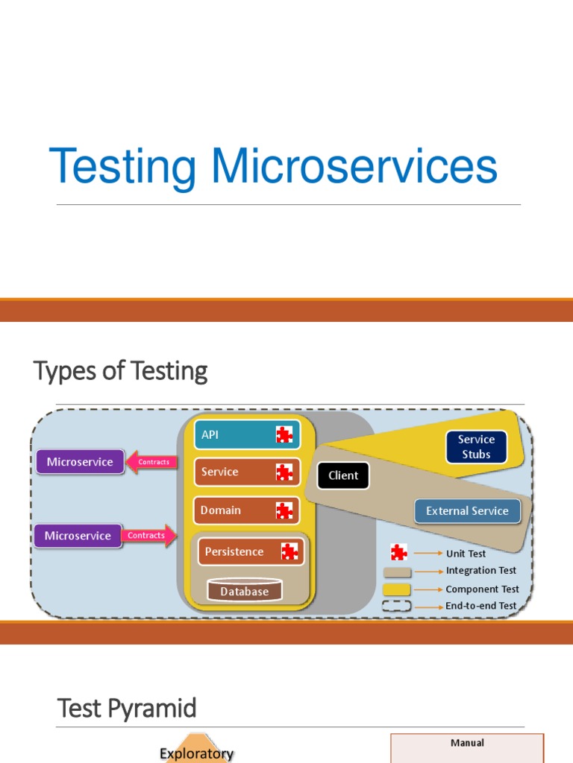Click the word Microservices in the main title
[x=354, y=166]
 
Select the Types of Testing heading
[x=120, y=370]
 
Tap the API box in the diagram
[x=247, y=434]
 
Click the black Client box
[x=343, y=475]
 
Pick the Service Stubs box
[x=476, y=446]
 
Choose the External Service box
[x=467, y=511]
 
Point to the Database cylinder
[x=244, y=591]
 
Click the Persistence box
[x=251, y=552]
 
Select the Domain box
[x=247, y=510]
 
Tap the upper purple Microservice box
[x=80, y=462]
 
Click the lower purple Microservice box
[x=78, y=536]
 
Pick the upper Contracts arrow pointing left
[x=151, y=462]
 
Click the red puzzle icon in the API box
[x=284, y=434]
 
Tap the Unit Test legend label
[x=466, y=554]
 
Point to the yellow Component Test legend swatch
[x=397, y=589]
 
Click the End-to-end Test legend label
[x=481, y=606]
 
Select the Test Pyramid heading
[x=127, y=709]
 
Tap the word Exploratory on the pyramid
[x=196, y=753]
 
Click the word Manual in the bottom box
[x=467, y=743]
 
